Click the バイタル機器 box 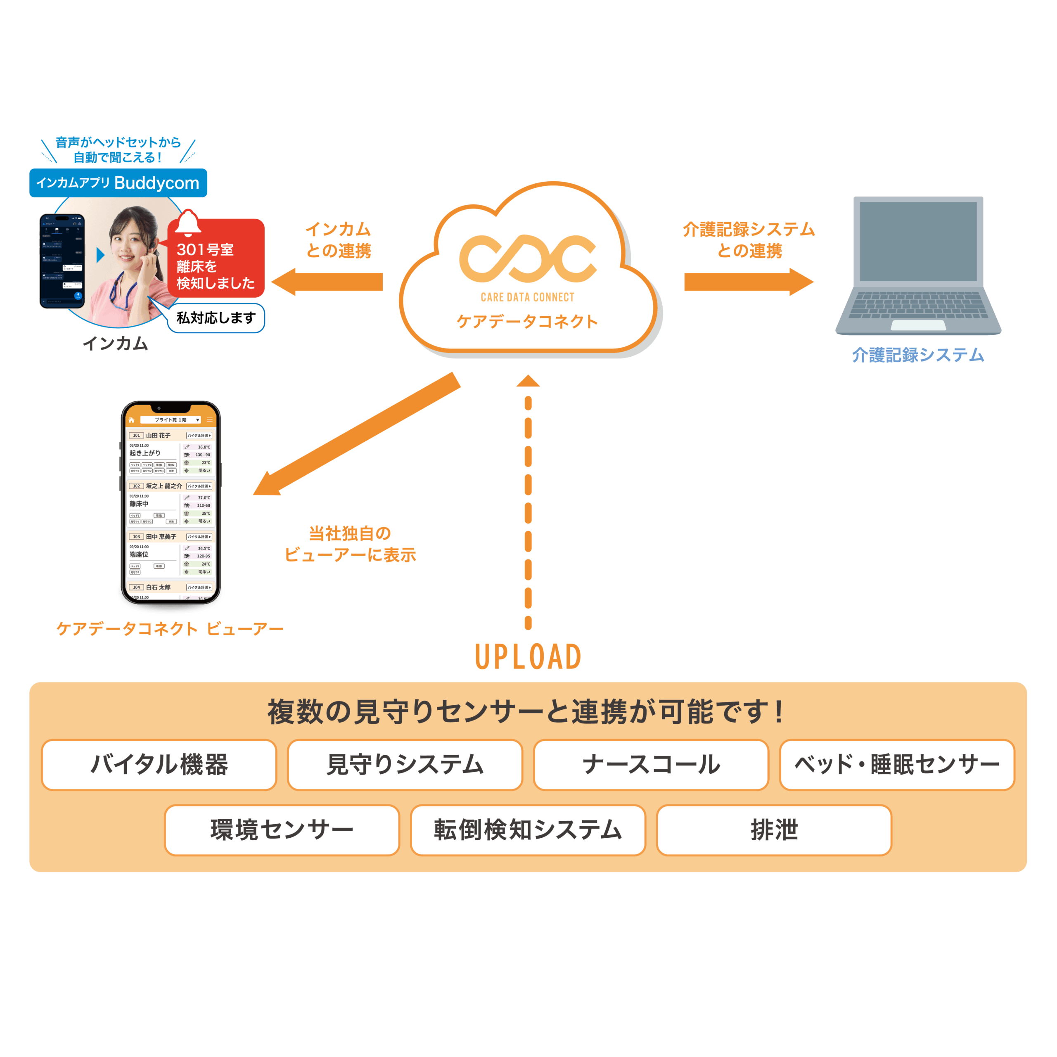tap(159, 764)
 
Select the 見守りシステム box tap(405, 764)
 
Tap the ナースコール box tap(651, 764)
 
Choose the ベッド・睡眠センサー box tap(897, 764)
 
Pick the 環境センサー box tap(282, 829)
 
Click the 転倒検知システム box tap(528, 829)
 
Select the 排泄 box tap(774, 829)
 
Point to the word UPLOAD tap(528, 656)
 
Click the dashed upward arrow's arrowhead tap(528, 382)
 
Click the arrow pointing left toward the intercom tap(328, 282)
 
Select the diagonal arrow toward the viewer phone tap(355, 435)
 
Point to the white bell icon tap(187, 223)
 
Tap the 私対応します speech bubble tap(216, 318)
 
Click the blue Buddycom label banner tap(118, 183)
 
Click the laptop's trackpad tap(918, 325)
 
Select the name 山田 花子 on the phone tap(158, 436)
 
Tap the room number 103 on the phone tap(136, 537)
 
